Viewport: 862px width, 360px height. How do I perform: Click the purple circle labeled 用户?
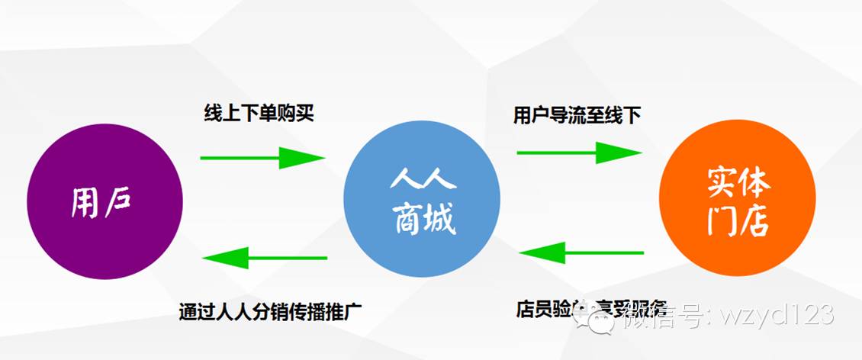click(105, 201)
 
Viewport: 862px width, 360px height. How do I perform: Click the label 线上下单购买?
click(259, 114)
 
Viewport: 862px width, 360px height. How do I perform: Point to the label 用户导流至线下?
click(577, 115)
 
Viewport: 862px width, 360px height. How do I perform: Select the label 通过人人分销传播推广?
click(269, 311)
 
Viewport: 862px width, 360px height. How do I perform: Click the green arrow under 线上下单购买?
click(262, 158)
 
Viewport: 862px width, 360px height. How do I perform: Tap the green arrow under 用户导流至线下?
click(579, 153)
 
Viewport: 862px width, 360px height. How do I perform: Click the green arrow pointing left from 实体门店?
click(581, 252)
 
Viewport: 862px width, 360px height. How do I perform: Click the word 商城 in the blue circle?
click(423, 220)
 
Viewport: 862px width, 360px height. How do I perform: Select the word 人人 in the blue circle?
click(423, 181)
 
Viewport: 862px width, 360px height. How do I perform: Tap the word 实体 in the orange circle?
click(737, 183)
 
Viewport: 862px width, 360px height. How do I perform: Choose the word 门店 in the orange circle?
click(737, 220)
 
